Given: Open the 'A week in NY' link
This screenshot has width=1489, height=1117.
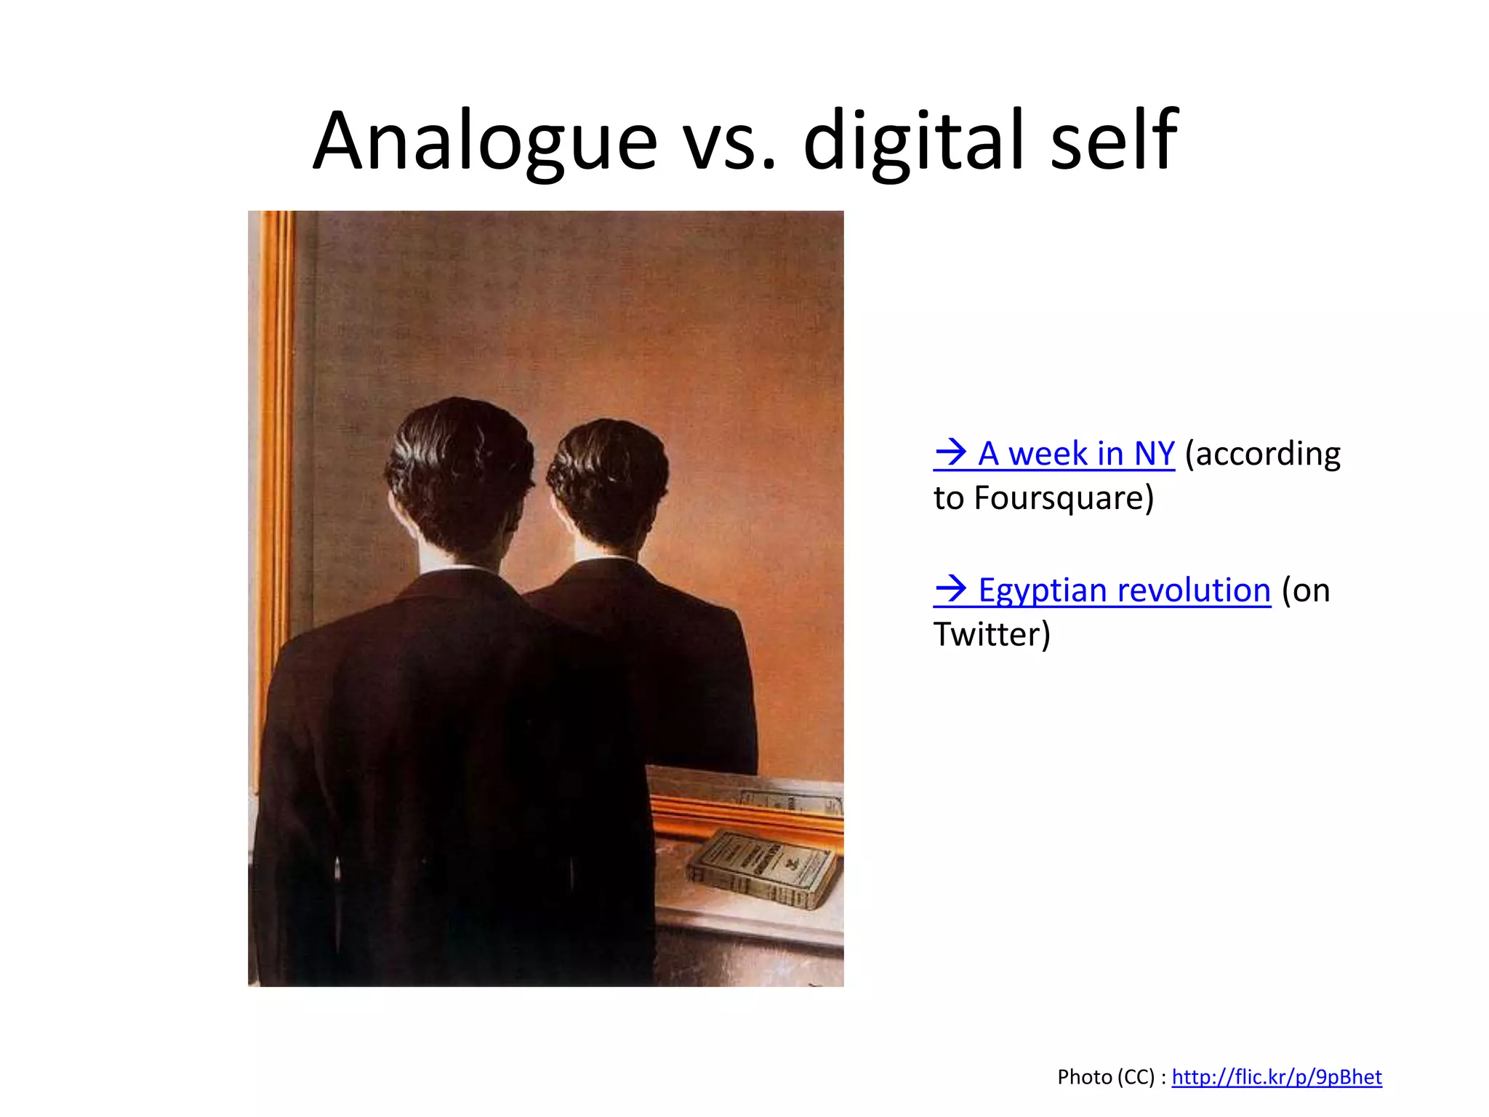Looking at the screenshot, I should pos(1075,454).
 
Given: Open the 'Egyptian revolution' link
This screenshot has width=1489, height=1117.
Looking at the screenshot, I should pos(1124,590).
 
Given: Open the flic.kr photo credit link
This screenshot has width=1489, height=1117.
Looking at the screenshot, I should pos(1276,1077).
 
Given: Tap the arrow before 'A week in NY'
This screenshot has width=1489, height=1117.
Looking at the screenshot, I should pos(950,453).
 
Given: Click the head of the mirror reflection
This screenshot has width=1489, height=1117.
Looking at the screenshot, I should pos(607,480).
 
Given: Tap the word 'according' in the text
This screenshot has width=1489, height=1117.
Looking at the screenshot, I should pos(1263,454).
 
